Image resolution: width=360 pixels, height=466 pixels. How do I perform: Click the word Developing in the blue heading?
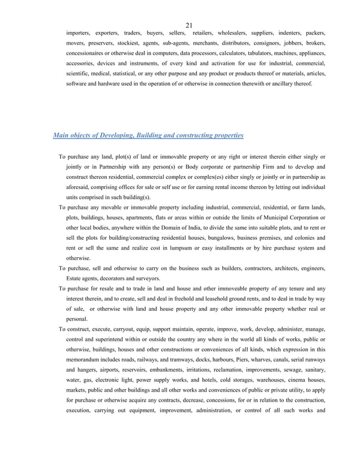point(115,135)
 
